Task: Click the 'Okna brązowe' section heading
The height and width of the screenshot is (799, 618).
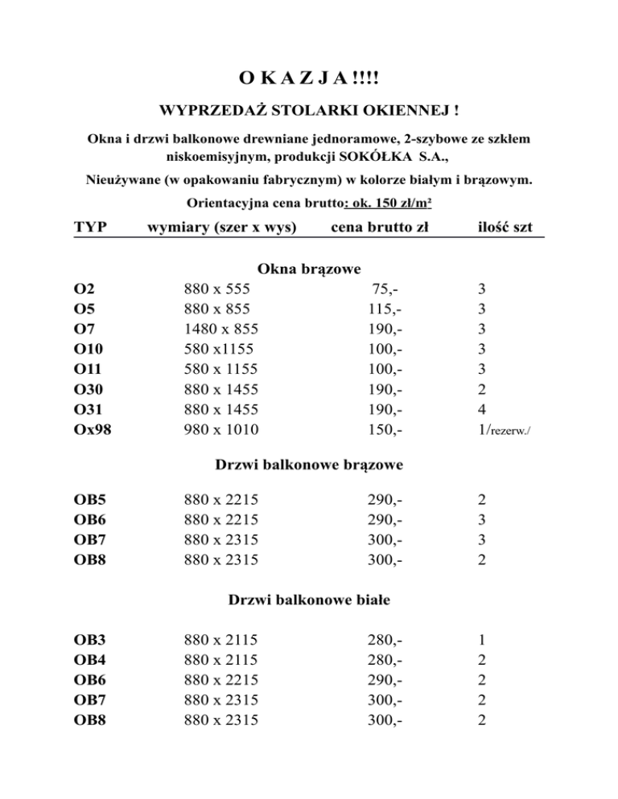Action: click(x=308, y=268)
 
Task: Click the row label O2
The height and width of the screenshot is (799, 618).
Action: click(x=84, y=289)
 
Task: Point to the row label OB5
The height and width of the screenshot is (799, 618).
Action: click(x=91, y=500)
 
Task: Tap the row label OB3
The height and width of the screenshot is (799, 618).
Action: click(x=91, y=641)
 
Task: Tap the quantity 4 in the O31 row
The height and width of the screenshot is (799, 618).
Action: click(x=481, y=409)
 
